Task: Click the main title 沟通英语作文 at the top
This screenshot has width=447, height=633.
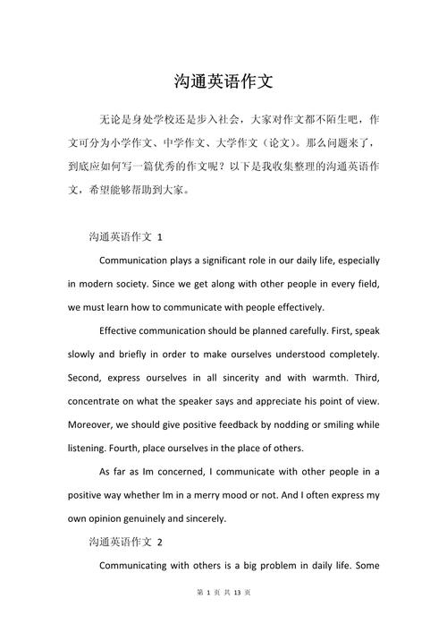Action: coord(223,81)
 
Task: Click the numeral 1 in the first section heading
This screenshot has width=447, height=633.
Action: coord(159,237)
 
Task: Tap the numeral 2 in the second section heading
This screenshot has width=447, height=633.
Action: coord(159,542)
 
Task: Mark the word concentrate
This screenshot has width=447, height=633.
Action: coord(99,400)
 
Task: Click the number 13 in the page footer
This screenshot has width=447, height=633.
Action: coord(237,617)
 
